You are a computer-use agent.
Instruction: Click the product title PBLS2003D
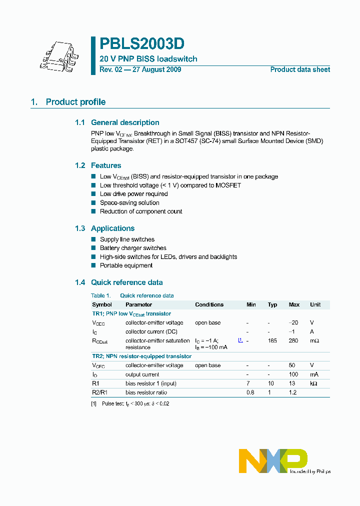click(141, 44)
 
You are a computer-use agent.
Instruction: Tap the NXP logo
click(272, 460)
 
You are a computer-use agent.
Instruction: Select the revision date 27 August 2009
click(156, 69)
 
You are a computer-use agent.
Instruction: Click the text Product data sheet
click(300, 69)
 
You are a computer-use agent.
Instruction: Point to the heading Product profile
click(75, 102)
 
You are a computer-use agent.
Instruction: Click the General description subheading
click(125, 122)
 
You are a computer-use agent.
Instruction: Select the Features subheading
click(106, 165)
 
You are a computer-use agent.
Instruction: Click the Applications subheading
click(112, 228)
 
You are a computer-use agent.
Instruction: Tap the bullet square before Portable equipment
click(93, 265)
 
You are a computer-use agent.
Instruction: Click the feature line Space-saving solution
click(129, 202)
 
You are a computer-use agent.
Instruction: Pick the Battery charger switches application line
click(133, 248)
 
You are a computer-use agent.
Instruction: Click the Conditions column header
click(209, 304)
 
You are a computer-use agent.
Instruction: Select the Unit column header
click(315, 304)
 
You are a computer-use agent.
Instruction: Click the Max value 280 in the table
click(293, 340)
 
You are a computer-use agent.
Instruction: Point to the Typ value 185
click(272, 340)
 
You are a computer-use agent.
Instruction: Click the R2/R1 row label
click(98, 392)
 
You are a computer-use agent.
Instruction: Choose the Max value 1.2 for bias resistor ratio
click(293, 392)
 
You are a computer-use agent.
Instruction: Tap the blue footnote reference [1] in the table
click(240, 340)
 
